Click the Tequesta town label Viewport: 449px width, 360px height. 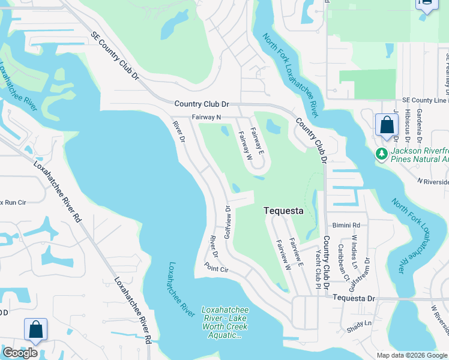(283, 211)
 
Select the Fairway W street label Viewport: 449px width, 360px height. (244, 146)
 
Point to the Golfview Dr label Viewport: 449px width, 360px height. (228, 223)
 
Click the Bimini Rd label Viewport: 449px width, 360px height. (348, 226)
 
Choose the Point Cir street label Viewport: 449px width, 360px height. (216, 268)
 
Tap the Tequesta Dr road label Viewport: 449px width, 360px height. (353, 298)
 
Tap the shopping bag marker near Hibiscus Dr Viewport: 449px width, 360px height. (387, 126)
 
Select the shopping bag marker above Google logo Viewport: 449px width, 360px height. (35, 330)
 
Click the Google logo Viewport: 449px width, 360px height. (20, 353)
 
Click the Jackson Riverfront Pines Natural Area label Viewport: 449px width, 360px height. (420, 155)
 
